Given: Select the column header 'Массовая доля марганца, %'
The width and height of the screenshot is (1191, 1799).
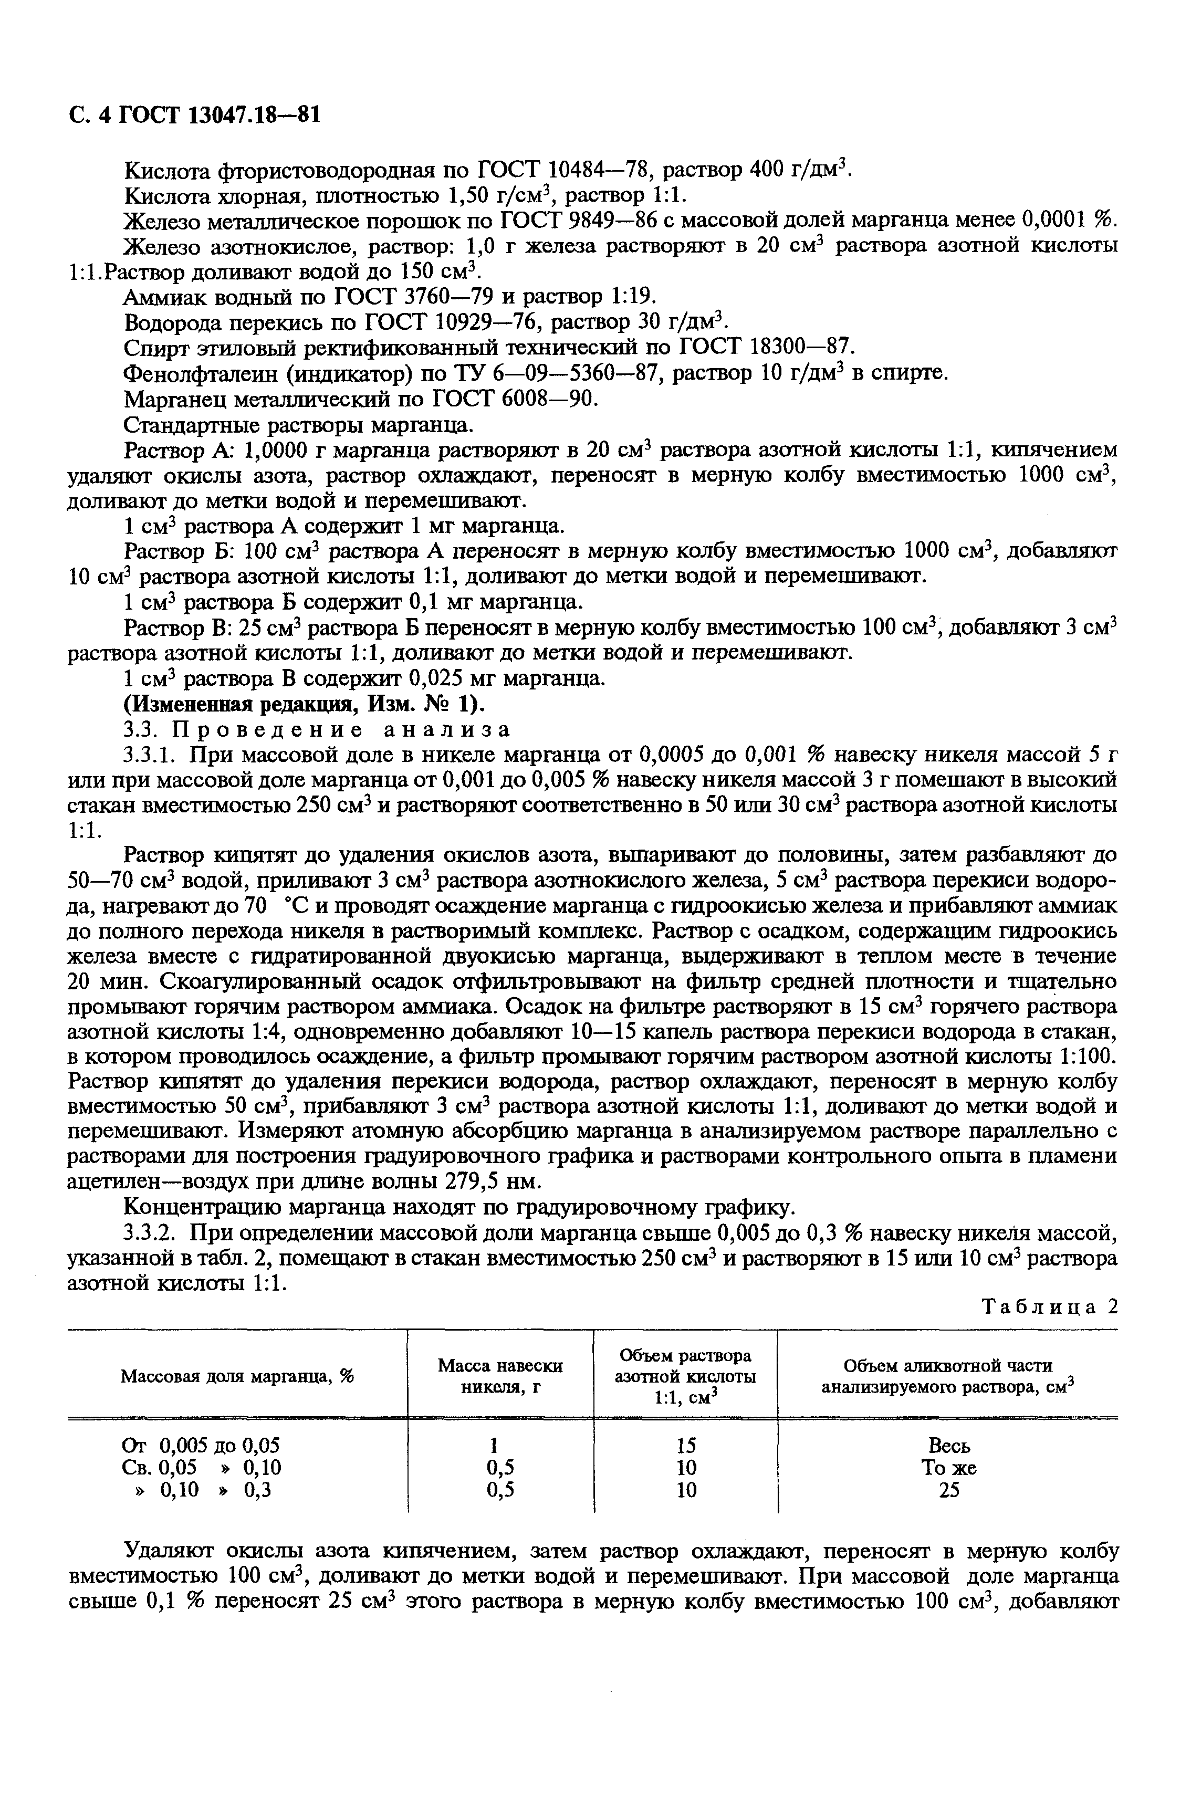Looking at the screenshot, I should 238,1376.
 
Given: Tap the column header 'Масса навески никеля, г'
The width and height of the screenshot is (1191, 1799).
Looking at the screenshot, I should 500,1376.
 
